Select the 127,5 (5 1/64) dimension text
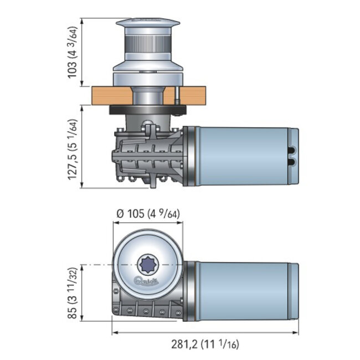[x=73, y=147]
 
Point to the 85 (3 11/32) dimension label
[x=73, y=294]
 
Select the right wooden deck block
[x=192, y=95]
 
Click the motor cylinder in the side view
[x=244, y=156]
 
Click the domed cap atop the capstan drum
[x=147, y=23]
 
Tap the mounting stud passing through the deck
[x=177, y=95]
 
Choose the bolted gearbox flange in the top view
[x=147, y=310]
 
